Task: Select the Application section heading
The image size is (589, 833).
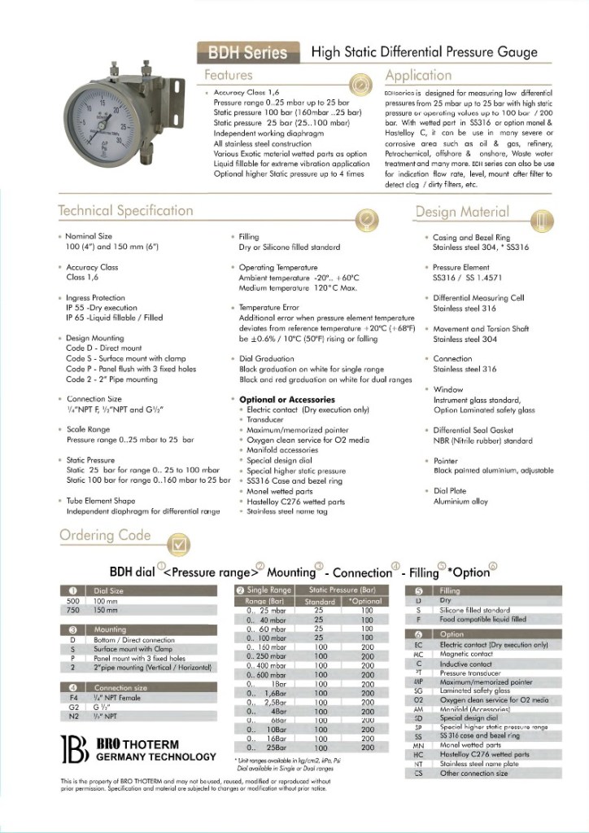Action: coord(418,76)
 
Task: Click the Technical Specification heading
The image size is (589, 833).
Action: coord(125,212)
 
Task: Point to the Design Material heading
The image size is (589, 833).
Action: coord(461,213)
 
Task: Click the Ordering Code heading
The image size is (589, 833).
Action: coord(105,535)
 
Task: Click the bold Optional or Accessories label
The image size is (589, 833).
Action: coord(286,400)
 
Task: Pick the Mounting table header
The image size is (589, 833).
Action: coord(110,629)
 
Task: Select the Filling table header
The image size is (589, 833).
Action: coord(450,591)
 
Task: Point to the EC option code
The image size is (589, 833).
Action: coord(417,645)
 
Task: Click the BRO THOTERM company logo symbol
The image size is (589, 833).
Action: coord(75,751)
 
